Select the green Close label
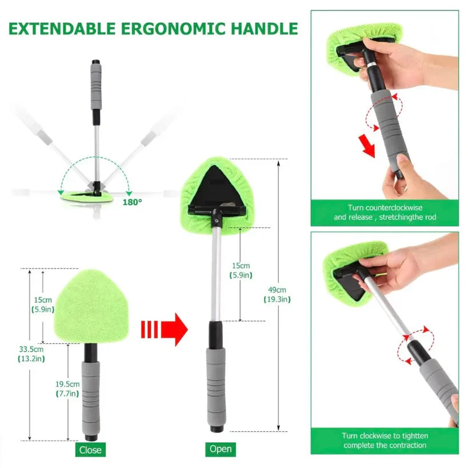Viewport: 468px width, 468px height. [90, 450]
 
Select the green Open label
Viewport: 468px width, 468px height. [220, 449]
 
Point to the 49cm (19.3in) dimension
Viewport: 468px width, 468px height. [277, 294]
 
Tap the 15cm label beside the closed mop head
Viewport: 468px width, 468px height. [42, 305]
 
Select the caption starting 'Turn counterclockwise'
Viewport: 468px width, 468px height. [384, 213]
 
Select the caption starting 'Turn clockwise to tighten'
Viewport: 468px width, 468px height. [384, 440]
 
